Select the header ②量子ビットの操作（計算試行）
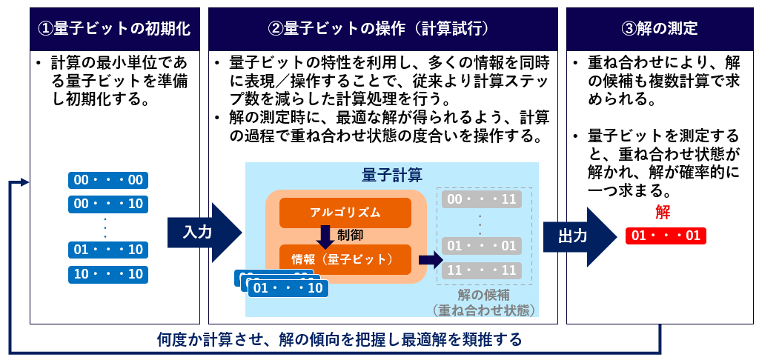coord(382,29)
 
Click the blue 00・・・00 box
coord(108,180)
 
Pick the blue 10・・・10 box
coord(108,274)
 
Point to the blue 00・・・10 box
coord(108,204)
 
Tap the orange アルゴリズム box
coord(345,213)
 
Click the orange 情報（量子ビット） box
coord(345,259)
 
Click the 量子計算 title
coord(392,176)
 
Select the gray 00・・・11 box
coord(479,199)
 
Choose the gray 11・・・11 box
coord(479,270)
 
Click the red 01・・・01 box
coord(666,236)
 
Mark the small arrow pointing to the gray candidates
coord(430,259)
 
